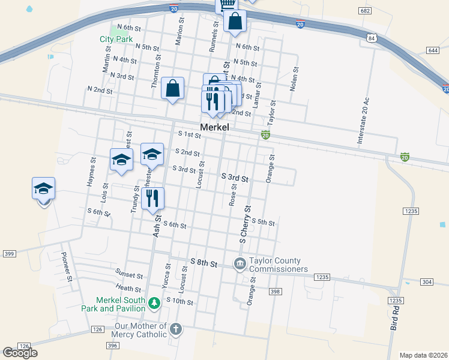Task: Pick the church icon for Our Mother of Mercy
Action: click(175, 329)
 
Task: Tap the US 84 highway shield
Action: click(372, 38)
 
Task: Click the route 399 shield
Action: click(8, 254)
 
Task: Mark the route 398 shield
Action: click(275, 292)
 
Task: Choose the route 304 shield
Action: click(426, 281)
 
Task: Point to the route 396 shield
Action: click(112, 346)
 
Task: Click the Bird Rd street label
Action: click(395, 318)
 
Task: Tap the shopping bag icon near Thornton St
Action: click(173, 88)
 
